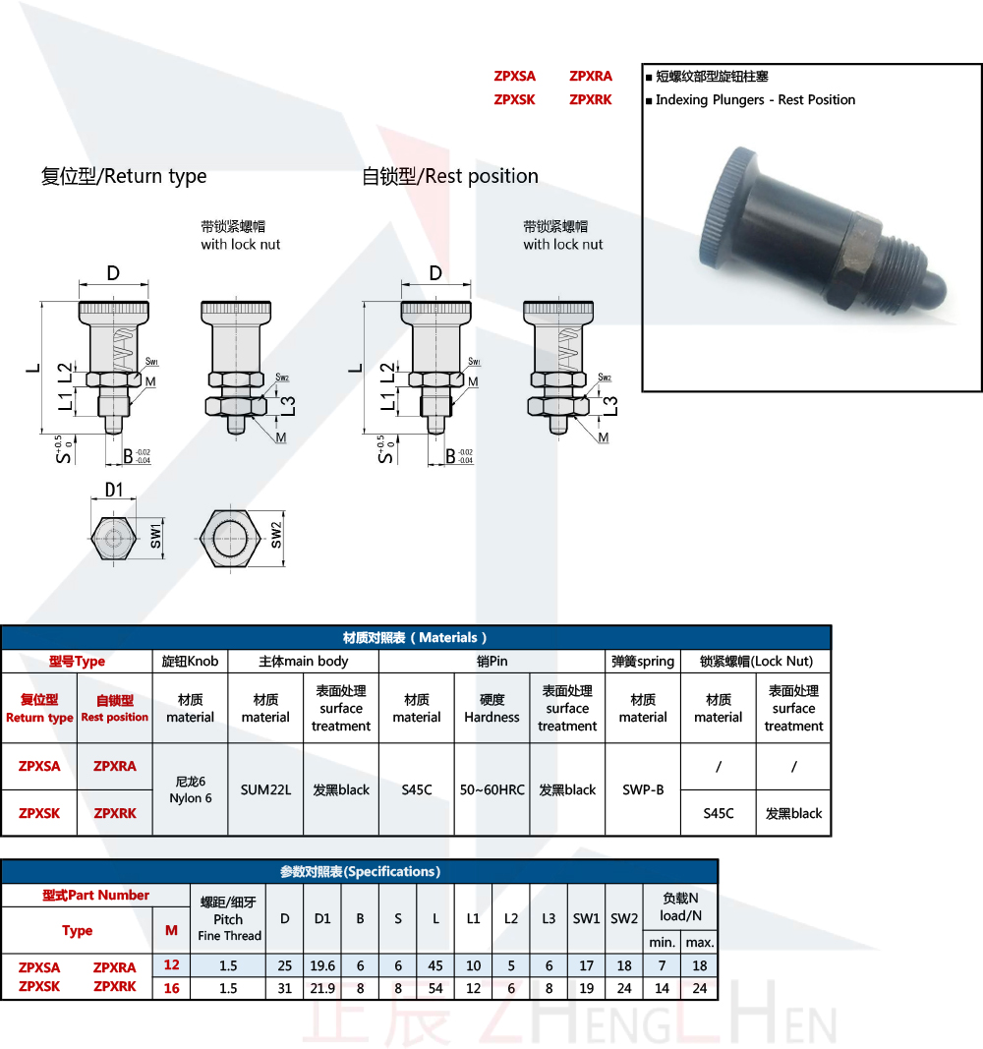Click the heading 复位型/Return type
(x=124, y=177)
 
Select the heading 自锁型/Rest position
(x=450, y=177)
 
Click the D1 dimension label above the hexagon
(x=114, y=490)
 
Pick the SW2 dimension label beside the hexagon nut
(x=277, y=536)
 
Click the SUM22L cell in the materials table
(x=265, y=789)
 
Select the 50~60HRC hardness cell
(x=491, y=789)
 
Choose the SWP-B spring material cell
(x=643, y=789)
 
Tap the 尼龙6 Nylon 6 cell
(x=190, y=789)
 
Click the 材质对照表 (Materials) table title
(x=415, y=638)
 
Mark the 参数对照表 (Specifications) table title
(x=360, y=872)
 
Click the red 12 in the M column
(x=172, y=966)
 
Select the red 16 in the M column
(x=172, y=988)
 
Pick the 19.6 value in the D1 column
(x=322, y=966)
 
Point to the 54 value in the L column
(x=435, y=988)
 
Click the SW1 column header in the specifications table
(x=586, y=918)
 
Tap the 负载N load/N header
(x=680, y=906)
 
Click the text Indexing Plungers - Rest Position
(x=755, y=100)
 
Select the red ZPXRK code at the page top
(x=590, y=100)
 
